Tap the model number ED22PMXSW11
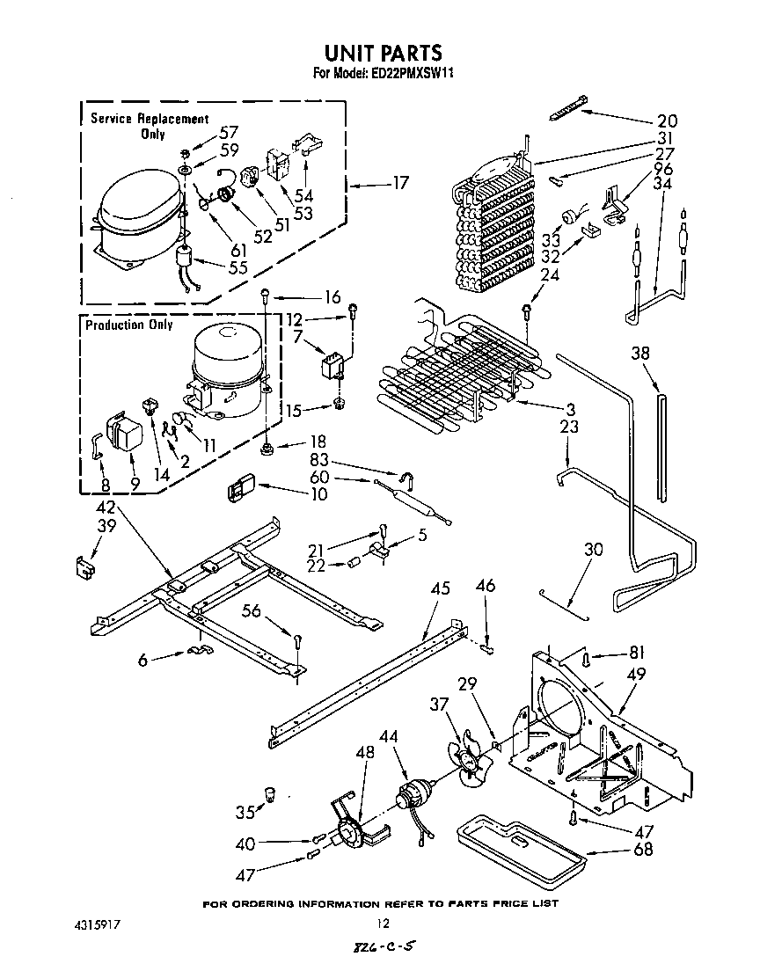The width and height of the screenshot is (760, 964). pyautogui.click(x=406, y=75)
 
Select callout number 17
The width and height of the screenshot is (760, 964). pyautogui.click(x=400, y=184)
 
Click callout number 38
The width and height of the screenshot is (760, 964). pyautogui.click(x=641, y=354)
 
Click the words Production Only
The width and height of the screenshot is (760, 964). pyautogui.click(x=128, y=325)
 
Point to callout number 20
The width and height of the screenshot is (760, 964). pyautogui.click(x=667, y=120)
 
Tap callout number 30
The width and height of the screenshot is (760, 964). pyautogui.click(x=594, y=550)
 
